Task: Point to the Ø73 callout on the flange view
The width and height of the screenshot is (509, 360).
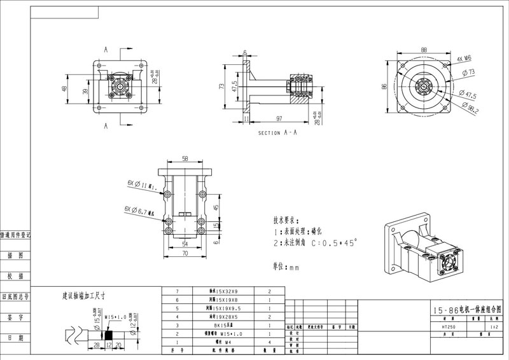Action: tap(471, 72)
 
